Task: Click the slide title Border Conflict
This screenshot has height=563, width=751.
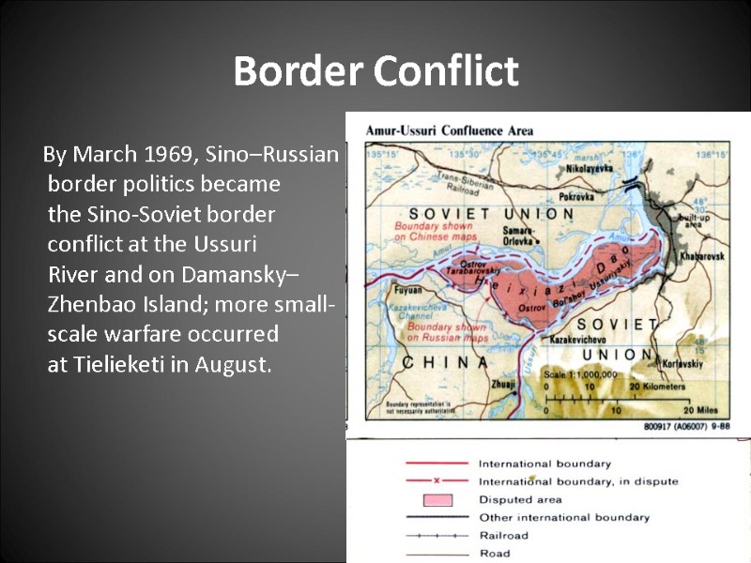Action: tap(375, 71)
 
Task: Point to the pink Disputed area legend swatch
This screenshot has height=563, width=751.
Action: tap(437, 499)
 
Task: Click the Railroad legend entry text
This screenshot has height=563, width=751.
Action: tap(503, 535)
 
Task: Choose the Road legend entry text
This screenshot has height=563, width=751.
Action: tap(495, 553)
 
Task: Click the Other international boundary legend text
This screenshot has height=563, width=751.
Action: tap(563, 517)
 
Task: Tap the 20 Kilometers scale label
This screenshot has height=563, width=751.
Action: tap(657, 387)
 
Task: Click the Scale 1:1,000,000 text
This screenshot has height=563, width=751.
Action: tap(581, 374)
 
